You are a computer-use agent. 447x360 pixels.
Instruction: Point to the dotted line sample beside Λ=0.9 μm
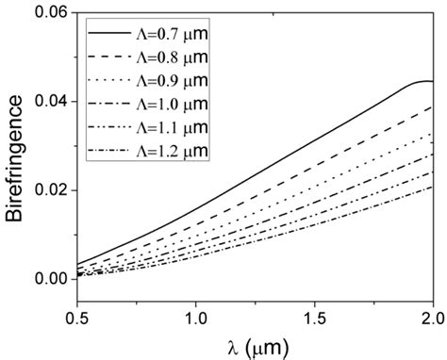111,81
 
